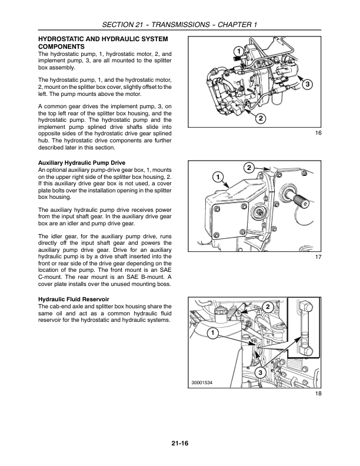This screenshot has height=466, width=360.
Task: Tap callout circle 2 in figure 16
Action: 260,118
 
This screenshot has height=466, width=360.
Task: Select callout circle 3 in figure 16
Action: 306,85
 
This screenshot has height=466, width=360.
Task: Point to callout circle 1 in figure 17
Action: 218,177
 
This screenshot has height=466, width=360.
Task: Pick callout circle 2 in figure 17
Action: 249,169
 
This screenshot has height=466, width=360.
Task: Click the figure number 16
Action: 318,134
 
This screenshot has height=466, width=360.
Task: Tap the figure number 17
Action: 318,274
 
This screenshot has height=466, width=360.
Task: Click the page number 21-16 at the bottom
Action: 179,443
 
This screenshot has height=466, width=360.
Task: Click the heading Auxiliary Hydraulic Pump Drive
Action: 89,162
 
